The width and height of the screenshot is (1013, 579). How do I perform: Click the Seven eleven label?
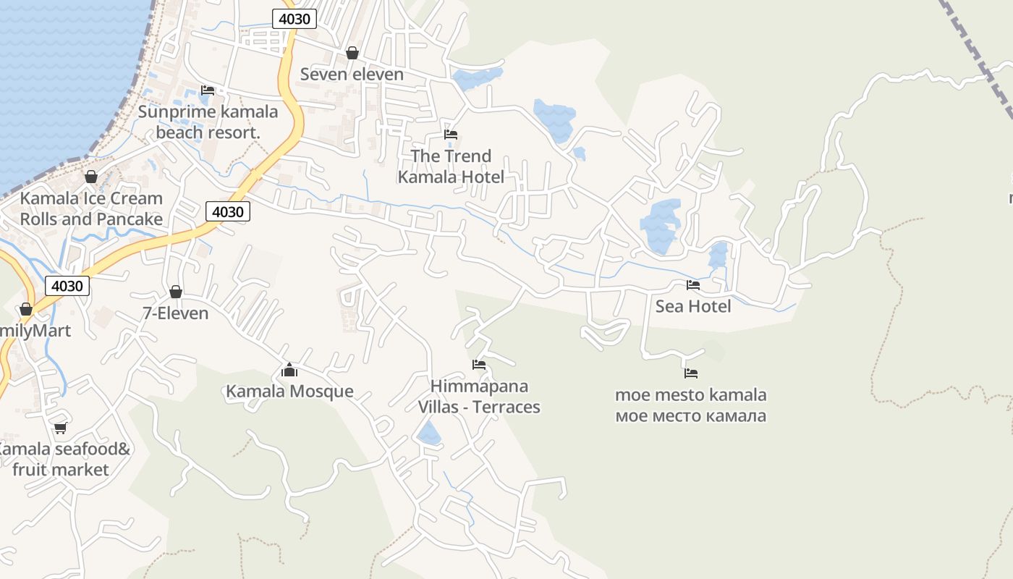[352, 75]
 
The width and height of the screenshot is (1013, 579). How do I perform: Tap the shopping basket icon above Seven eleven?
[352, 53]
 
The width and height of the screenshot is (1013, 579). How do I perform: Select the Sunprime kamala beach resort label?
[208, 122]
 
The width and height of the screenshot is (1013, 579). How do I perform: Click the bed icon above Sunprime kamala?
[208, 90]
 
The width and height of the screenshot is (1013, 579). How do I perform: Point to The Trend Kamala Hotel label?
[451, 166]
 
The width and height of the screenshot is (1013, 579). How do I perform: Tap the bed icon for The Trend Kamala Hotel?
[451, 135]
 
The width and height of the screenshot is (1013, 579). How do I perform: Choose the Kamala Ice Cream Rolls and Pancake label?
[91, 208]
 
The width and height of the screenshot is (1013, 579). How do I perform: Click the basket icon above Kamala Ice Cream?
[91, 177]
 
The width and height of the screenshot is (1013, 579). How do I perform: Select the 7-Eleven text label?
[176, 313]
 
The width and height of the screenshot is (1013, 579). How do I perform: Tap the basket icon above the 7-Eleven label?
[176, 292]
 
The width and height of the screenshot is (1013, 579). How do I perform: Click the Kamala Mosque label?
[289, 392]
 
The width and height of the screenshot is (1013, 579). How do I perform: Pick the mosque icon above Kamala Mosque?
[289, 371]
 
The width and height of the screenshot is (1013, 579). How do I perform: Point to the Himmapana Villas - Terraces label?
[479, 397]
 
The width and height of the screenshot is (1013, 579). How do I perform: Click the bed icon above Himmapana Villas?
[479, 365]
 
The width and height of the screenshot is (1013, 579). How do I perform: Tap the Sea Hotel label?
[693, 307]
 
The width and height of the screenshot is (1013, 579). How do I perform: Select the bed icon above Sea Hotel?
[693, 285]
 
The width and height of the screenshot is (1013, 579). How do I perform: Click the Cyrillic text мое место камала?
[690, 416]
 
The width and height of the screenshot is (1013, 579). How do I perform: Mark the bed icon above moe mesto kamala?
[691, 373]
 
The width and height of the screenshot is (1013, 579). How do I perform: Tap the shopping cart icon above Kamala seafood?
[61, 428]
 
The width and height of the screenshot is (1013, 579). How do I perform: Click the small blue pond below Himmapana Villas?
[429, 434]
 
